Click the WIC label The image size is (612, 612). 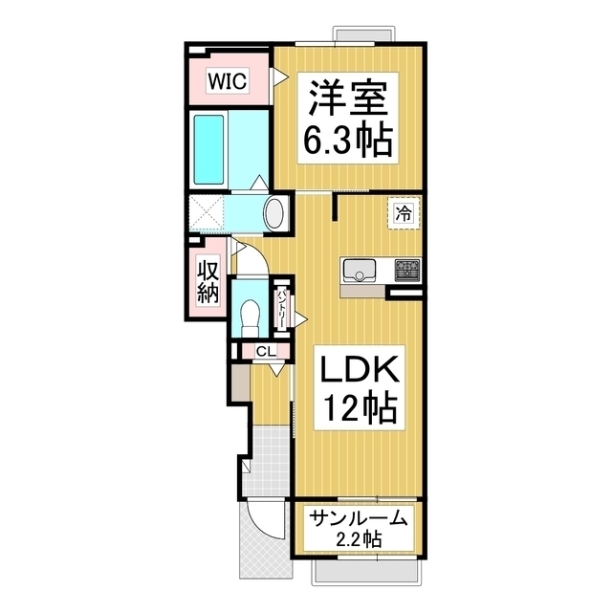[229, 82]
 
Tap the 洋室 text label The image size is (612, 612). [346, 100]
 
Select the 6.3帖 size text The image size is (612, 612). [346, 142]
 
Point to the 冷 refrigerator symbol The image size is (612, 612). [403, 212]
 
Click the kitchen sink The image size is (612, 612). [360, 272]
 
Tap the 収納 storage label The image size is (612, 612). [208, 283]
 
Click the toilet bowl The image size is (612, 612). [251, 314]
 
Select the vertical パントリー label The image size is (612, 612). [283, 308]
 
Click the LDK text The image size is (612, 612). [351, 370]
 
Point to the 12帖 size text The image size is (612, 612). [351, 408]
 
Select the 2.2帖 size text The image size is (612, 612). [358, 541]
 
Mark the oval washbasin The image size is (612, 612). [274, 212]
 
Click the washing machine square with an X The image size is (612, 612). [205, 211]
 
